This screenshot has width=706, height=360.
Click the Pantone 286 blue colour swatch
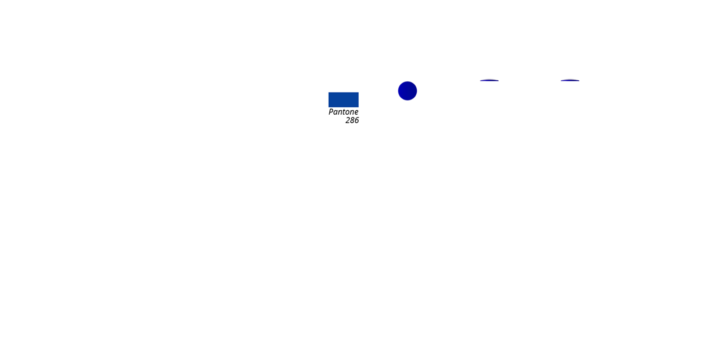[343, 99]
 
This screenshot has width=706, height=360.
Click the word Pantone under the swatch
[343, 112]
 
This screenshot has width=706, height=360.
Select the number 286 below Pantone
[352, 120]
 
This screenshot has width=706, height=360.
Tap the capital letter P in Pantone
[332, 112]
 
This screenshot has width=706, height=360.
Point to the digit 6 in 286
[356, 120]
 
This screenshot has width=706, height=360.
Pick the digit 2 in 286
[348, 120]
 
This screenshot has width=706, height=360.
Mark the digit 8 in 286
[352, 120]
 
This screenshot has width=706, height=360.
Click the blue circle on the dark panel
[407, 91]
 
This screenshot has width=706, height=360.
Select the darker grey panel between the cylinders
[514, 104]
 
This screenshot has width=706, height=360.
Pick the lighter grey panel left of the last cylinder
[545, 104]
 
